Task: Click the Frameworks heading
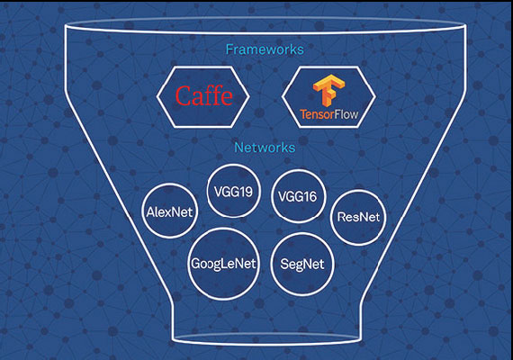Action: (x=265, y=49)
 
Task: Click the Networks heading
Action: (x=265, y=148)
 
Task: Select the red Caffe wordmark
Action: (x=203, y=95)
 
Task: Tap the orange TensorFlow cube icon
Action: (x=329, y=91)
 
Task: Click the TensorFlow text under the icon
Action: (x=329, y=114)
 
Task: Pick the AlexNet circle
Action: (x=170, y=211)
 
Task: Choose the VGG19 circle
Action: (x=234, y=191)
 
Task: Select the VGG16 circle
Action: (x=299, y=196)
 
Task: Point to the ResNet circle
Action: (x=358, y=217)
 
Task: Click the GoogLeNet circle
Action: (x=224, y=264)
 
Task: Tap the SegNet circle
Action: (x=302, y=264)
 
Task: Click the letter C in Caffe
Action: (x=184, y=96)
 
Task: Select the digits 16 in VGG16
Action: (x=310, y=197)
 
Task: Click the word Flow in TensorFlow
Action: (x=346, y=114)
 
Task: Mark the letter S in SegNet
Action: (x=284, y=264)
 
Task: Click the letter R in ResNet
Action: (x=341, y=217)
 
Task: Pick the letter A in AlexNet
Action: (x=150, y=212)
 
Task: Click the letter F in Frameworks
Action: (x=229, y=49)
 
